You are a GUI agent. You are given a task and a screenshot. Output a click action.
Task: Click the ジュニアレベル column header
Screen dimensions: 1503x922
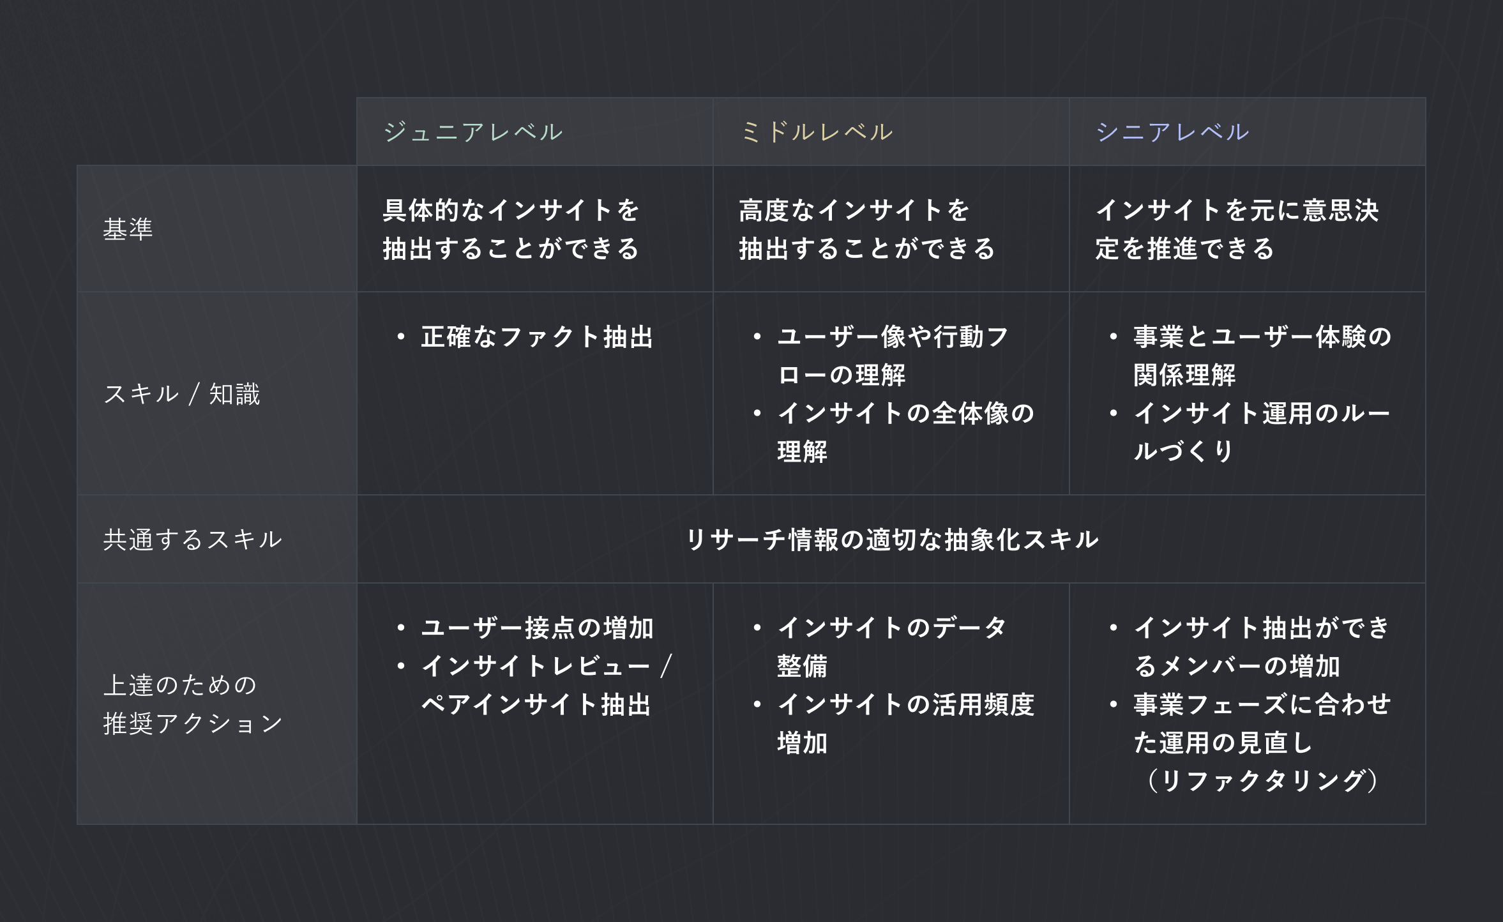click(x=473, y=132)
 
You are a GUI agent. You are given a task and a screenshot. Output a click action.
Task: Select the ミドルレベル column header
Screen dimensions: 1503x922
click(x=817, y=132)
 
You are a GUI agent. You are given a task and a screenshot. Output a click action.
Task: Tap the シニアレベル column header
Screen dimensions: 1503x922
click(x=1173, y=132)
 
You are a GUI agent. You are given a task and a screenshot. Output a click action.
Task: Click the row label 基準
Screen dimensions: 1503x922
click(x=128, y=229)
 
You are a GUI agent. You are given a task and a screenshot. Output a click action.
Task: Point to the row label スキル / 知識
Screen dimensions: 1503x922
click(x=182, y=394)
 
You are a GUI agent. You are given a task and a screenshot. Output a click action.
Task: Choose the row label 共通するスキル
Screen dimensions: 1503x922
click(x=193, y=540)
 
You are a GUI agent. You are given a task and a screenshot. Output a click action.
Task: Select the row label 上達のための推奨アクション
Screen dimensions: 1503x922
click(x=193, y=704)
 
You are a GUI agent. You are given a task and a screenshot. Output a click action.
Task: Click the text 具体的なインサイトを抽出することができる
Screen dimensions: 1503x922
click(x=511, y=229)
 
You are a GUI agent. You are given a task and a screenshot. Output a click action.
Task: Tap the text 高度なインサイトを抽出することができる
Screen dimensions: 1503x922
click(x=867, y=229)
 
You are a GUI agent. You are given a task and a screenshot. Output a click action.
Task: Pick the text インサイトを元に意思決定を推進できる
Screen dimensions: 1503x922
click(x=1237, y=229)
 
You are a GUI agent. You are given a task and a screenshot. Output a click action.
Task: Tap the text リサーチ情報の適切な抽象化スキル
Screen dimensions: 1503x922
click(x=892, y=540)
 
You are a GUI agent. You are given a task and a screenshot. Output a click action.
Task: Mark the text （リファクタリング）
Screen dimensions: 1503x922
click(x=1262, y=781)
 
